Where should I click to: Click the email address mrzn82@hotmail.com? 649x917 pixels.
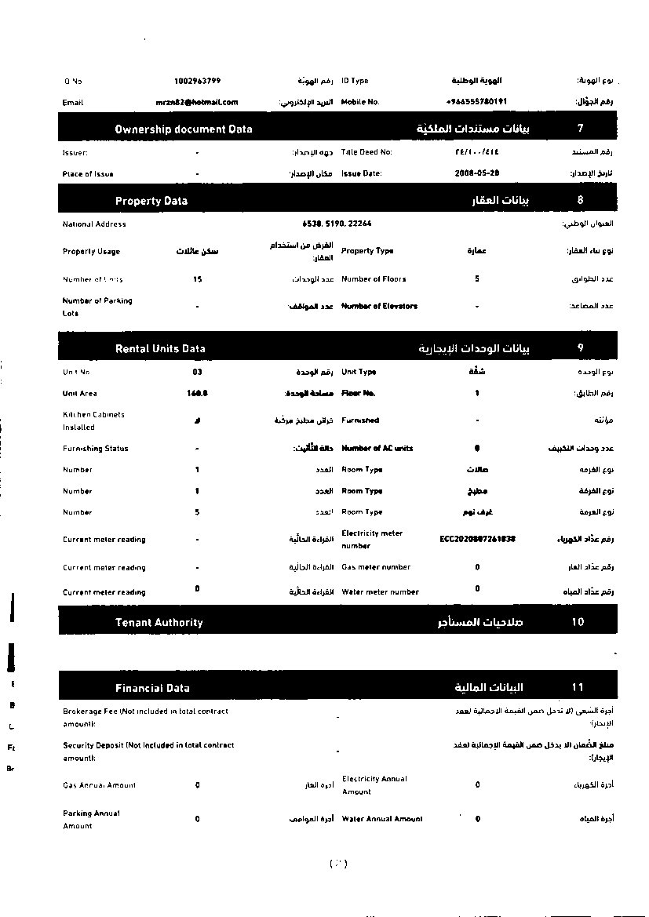(197, 102)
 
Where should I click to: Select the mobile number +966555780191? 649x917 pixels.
(476, 102)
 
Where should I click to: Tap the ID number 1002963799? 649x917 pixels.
(197, 81)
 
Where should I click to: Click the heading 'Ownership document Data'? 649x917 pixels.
(184, 129)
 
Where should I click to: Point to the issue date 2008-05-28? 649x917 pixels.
(477, 173)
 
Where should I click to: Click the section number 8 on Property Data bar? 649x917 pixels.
(580, 200)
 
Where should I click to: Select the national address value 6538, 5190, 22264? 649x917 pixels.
(337, 224)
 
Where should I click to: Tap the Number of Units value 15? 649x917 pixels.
(197, 279)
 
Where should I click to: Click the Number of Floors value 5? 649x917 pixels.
(477, 279)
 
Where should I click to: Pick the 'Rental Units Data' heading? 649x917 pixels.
(160, 348)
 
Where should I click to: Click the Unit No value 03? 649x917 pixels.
(197, 372)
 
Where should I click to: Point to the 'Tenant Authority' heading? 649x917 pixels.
(159, 623)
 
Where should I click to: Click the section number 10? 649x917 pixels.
(578, 623)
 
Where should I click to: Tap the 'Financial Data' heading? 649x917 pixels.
(152, 688)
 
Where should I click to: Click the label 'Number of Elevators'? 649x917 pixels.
(379, 306)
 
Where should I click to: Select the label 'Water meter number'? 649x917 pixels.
(380, 592)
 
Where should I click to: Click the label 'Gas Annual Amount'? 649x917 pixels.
(99, 785)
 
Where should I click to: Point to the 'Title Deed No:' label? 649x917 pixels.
(366, 152)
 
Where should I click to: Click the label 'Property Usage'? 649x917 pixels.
(91, 252)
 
